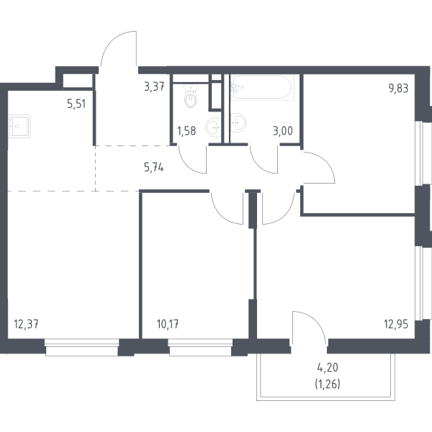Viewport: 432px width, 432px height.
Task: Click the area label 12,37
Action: click(26, 324)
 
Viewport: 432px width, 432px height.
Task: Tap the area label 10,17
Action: click(168, 324)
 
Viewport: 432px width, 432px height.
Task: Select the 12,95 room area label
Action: click(396, 324)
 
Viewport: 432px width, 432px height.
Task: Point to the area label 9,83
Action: click(398, 89)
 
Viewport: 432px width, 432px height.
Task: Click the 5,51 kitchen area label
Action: click(76, 104)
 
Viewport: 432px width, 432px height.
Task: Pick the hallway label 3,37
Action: click(154, 87)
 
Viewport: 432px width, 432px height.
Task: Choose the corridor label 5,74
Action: click(154, 167)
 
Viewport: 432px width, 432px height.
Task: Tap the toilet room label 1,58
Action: click(186, 131)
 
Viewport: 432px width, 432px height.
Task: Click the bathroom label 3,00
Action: click(283, 131)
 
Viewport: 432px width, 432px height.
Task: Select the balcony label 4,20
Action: click(328, 367)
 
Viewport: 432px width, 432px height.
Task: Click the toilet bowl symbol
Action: click(191, 96)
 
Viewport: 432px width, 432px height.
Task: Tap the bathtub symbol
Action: click(262, 87)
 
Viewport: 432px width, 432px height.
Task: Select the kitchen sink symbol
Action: click(19, 126)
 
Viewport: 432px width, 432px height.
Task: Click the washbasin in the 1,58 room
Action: click(214, 128)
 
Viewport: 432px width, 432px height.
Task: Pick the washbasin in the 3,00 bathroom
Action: click(238, 122)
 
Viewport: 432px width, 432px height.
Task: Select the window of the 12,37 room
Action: click(82, 348)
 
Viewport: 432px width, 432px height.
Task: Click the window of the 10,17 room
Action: click(201, 348)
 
